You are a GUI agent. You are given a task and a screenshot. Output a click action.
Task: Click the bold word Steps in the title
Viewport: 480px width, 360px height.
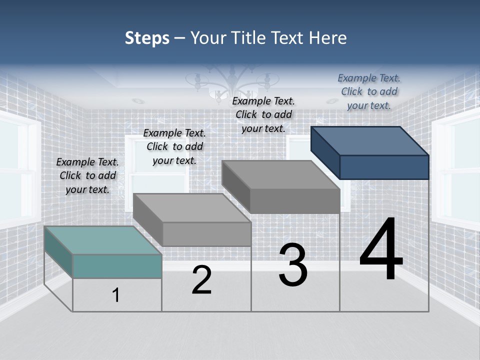pyautogui.click(x=147, y=38)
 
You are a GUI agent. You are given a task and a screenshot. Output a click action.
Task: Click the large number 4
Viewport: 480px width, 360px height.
pyautogui.click(x=381, y=249)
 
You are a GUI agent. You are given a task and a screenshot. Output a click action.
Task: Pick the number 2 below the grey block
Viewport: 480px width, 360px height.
pyautogui.click(x=201, y=280)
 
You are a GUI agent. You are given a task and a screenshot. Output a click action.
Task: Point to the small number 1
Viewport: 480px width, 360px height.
pyautogui.click(x=116, y=295)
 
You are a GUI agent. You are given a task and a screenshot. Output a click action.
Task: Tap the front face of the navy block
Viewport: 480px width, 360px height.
pyautogui.click(x=384, y=167)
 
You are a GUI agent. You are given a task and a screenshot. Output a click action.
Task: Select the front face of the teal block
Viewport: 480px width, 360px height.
pyautogui.click(x=117, y=266)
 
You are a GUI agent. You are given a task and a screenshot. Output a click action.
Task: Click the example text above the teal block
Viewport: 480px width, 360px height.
pyautogui.click(x=87, y=175)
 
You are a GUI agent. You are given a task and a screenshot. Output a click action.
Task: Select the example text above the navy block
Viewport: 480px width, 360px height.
pyautogui.click(x=369, y=91)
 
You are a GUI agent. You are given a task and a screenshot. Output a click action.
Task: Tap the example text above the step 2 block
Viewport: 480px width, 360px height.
pyautogui.click(x=174, y=146)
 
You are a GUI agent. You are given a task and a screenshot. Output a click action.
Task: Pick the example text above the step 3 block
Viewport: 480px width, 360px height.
pyautogui.click(x=263, y=114)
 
